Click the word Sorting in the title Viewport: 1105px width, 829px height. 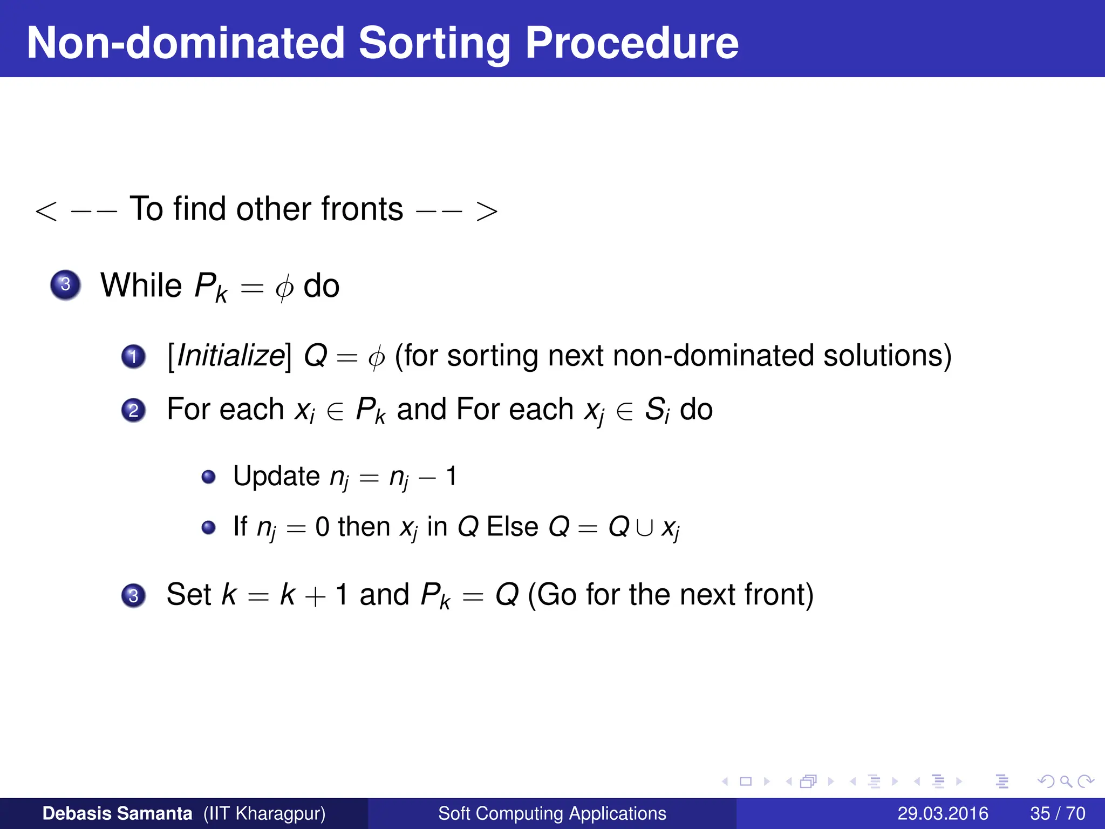(x=434, y=43)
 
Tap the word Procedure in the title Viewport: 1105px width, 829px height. (x=631, y=43)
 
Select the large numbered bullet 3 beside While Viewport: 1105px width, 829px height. (x=65, y=284)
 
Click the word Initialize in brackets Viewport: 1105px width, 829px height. (x=230, y=356)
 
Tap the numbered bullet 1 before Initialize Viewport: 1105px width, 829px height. (x=133, y=357)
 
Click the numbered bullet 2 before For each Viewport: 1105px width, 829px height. (x=133, y=410)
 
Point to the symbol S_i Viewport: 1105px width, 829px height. (x=657, y=410)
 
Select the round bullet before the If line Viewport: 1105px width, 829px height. (x=208, y=527)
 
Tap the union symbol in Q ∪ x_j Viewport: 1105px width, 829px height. (x=644, y=528)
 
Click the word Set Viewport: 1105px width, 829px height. (x=189, y=594)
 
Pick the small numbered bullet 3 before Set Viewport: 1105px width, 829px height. (x=133, y=595)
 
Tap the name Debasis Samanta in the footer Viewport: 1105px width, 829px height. (x=117, y=813)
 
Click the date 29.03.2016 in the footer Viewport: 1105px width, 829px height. (x=943, y=813)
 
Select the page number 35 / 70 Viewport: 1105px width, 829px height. (x=1058, y=813)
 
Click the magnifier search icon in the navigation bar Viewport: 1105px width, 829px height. (x=1065, y=781)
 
